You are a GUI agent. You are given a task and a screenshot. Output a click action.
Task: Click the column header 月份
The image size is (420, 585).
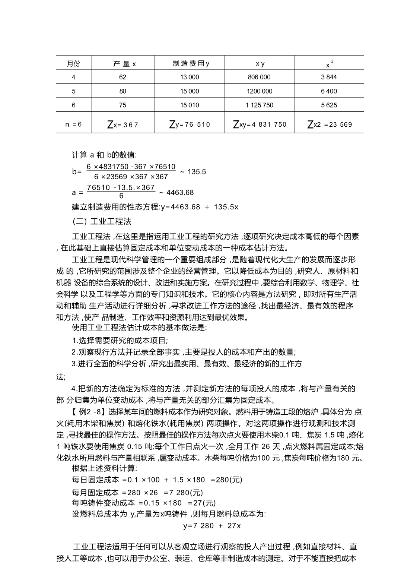(73, 63)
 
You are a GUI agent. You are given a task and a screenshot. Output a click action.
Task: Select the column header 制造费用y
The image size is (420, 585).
(191, 63)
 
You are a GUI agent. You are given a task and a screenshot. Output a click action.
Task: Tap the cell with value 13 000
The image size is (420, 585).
(190, 77)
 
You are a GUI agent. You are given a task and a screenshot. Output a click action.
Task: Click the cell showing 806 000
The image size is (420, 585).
(259, 77)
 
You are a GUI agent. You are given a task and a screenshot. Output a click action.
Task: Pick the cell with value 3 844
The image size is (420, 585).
(329, 77)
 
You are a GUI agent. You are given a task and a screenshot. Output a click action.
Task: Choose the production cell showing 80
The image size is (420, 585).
(123, 91)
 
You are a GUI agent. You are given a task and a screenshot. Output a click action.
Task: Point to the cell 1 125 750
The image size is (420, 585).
(259, 105)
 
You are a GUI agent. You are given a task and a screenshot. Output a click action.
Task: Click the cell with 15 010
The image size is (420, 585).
(190, 105)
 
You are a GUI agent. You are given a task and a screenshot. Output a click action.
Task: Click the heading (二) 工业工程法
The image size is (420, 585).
(102, 221)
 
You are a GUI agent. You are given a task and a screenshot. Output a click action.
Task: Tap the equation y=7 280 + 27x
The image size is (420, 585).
(212, 526)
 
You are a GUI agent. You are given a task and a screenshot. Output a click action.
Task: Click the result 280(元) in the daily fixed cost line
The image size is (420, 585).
(229, 480)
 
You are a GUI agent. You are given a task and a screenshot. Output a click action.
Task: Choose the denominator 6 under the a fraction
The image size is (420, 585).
(121, 196)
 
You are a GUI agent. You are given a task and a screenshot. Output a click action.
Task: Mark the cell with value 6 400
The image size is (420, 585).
(329, 91)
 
